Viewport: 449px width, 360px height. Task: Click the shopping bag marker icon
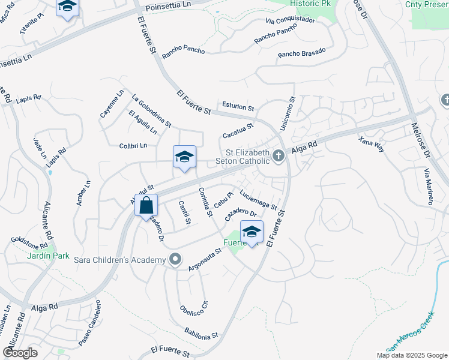coord(146,206)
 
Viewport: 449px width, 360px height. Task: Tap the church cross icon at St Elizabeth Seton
coord(278,156)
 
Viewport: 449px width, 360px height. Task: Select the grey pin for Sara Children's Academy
coord(175,259)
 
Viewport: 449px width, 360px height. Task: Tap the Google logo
coord(20,353)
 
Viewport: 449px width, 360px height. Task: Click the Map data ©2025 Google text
coord(411,355)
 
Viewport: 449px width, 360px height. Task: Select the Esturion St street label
coord(238,106)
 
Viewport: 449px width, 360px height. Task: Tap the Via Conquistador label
coord(290,20)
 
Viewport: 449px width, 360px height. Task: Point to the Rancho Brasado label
coord(301,53)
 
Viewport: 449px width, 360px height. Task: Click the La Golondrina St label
coord(152,110)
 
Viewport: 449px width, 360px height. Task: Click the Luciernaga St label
coord(258,200)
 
